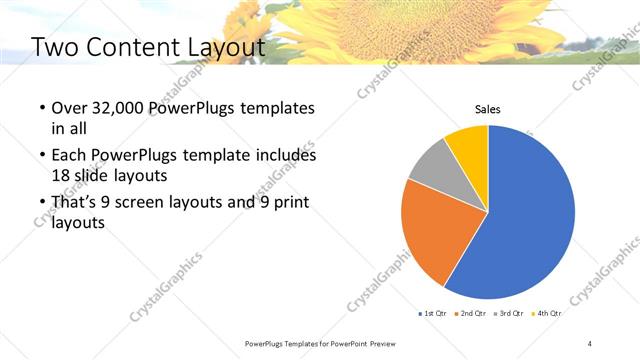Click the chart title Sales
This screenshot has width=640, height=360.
tap(487, 109)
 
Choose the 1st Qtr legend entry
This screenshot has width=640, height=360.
tap(431, 314)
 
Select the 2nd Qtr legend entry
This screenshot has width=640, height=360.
tap(472, 314)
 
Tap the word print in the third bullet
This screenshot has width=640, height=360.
tap(290, 204)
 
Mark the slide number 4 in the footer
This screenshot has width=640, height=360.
tap(590, 343)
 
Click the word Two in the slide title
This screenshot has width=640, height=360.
tap(52, 47)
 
